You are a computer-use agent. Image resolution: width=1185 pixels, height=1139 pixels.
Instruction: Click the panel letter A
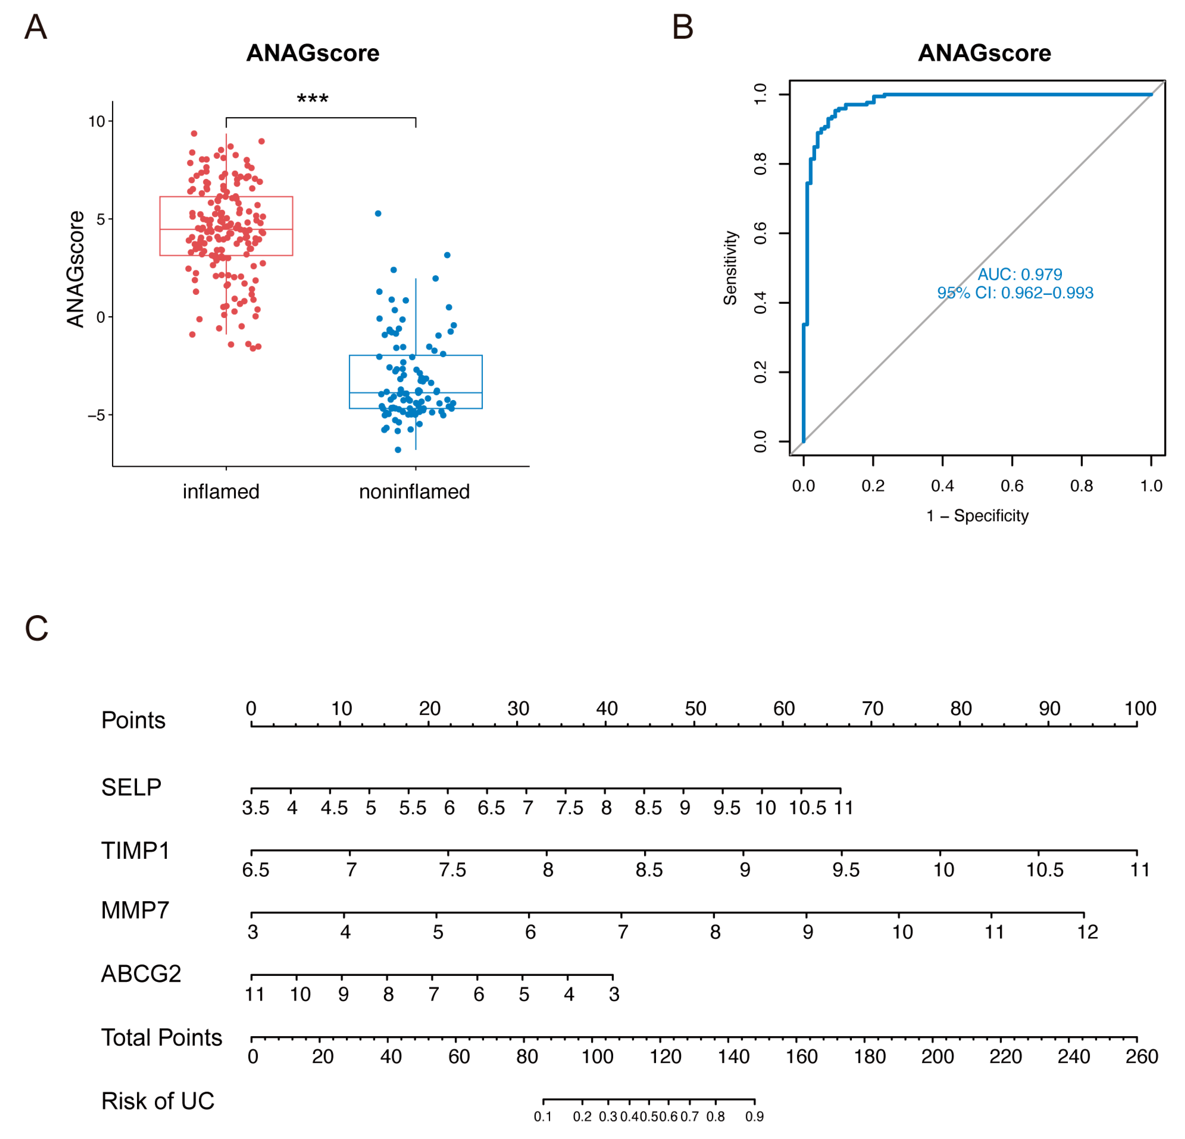click(x=36, y=28)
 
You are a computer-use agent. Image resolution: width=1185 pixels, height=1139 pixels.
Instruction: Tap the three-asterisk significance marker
click(x=313, y=98)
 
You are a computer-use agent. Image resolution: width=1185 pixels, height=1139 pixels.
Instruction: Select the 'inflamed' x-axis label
click(x=221, y=492)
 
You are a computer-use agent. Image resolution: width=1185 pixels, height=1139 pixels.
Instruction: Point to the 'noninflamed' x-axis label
click(x=414, y=492)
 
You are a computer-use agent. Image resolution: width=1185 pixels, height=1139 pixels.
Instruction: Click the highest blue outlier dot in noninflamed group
click(x=378, y=213)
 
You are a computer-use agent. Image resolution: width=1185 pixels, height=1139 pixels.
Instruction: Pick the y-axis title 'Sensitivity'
click(x=730, y=267)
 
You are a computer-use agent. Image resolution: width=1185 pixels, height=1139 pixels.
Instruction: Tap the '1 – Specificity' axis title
click(x=978, y=516)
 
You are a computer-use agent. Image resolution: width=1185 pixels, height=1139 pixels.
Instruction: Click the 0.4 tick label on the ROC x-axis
click(x=942, y=486)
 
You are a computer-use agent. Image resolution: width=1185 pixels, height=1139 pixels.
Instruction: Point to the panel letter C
click(x=36, y=628)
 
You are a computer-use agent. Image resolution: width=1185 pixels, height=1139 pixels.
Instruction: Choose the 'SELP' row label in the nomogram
click(x=131, y=787)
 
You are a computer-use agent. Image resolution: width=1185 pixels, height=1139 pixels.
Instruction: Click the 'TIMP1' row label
click(x=135, y=851)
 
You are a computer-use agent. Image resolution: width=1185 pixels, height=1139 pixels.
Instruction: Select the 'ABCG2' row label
click(x=141, y=974)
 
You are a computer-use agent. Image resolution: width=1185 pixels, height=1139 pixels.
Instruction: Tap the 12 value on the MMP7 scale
click(x=1087, y=932)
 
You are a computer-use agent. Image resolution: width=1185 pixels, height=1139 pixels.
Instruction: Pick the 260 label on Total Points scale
click(x=1141, y=1056)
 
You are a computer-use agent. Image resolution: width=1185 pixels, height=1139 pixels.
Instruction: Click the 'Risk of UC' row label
click(x=158, y=1101)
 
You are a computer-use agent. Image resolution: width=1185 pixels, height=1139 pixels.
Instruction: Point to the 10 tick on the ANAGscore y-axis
click(x=97, y=121)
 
